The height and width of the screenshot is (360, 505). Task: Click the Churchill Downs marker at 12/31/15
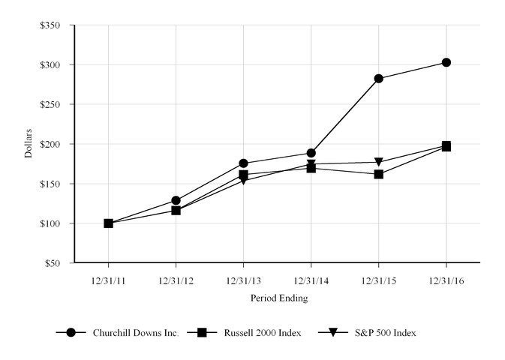tap(379, 78)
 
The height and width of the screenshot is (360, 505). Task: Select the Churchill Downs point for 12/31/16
tap(446, 62)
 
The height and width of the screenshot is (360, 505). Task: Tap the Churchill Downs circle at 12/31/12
tap(176, 200)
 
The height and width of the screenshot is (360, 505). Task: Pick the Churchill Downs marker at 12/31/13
tap(243, 163)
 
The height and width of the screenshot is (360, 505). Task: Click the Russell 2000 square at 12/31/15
tap(379, 174)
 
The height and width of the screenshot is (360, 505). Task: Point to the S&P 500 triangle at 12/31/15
tap(379, 162)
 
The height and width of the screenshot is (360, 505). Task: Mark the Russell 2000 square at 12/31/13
tap(243, 174)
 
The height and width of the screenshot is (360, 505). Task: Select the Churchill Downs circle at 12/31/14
tap(311, 153)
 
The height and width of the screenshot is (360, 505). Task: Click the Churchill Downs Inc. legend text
tap(136, 332)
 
